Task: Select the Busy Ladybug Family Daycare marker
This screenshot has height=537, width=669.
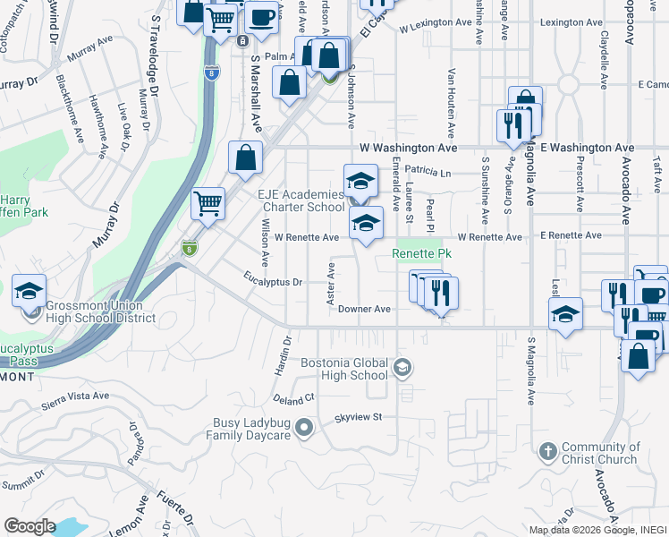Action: click(x=304, y=429)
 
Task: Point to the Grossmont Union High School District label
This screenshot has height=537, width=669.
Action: click(x=96, y=311)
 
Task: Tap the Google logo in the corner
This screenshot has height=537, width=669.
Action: click(x=30, y=526)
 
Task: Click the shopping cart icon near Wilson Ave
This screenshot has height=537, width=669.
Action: click(x=208, y=202)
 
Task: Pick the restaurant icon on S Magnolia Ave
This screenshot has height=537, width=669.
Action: click(x=512, y=124)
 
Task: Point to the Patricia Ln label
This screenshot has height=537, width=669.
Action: click(x=428, y=170)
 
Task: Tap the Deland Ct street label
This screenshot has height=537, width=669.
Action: click(x=295, y=397)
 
